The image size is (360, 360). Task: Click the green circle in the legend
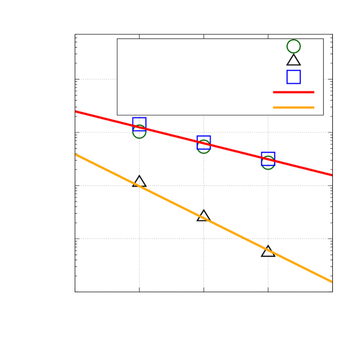coord(293,46)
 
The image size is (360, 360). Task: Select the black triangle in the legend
coord(293,60)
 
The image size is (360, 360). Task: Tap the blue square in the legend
coord(293,76)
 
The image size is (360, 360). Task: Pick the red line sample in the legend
coord(293,92)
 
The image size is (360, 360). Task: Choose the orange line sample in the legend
coord(293,107)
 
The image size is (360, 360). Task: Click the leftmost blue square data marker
coord(139,123)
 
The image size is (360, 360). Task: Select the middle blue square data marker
coord(203,141)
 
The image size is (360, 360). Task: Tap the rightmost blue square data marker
coord(268,158)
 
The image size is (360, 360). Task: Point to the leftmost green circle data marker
coord(139,131)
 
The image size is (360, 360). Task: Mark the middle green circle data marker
coord(203,146)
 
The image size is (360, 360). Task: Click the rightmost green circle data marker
coord(268,163)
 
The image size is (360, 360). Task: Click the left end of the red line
coord(76,111)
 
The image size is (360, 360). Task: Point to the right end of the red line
coord(332,175)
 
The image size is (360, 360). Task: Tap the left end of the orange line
coord(76,155)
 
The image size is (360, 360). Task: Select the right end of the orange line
coord(332,281)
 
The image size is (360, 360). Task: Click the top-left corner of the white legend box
coord(117,39)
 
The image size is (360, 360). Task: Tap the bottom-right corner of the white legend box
coord(323,114)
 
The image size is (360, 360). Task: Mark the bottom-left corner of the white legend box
coord(117,114)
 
